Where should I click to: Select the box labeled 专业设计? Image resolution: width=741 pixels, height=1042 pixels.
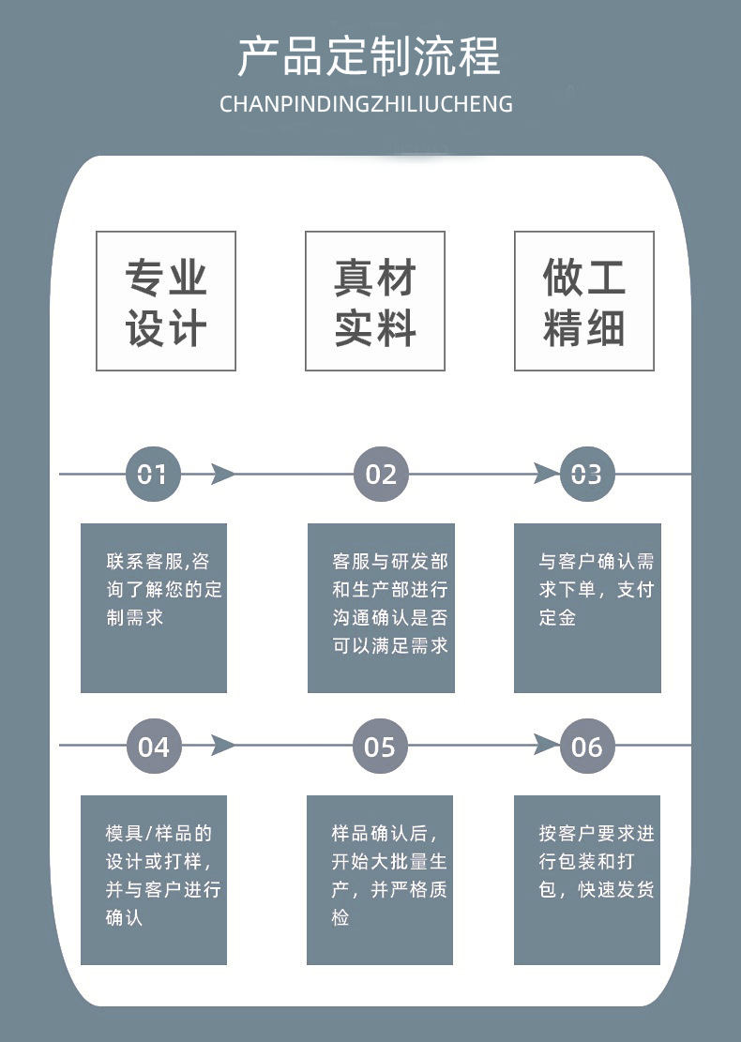(x=166, y=301)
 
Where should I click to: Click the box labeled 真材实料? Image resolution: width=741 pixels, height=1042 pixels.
(x=375, y=301)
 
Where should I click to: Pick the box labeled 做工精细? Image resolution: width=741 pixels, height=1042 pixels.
(x=583, y=301)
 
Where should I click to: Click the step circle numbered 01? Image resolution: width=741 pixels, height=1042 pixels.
(x=153, y=475)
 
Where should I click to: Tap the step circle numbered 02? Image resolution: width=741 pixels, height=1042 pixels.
(x=381, y=475)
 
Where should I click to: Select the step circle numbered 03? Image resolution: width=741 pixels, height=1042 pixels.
(x=586, y=475)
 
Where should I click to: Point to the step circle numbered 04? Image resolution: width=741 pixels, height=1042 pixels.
(x=153, y=747)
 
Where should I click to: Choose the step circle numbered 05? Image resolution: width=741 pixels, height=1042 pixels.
(x=380, y=747)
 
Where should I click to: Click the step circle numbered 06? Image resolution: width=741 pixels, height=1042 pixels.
(x=586, y=747)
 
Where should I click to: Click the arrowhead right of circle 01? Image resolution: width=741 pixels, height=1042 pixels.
(x=222, y=475)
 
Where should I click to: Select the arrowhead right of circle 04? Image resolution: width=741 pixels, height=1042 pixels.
(x=222, y=747)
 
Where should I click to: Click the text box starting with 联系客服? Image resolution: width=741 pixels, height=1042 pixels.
(x=154, y=608)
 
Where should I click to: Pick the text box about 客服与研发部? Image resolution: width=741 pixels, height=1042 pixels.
(x=381, y=608)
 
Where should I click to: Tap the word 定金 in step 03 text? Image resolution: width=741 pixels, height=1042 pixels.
(x=557, y=618)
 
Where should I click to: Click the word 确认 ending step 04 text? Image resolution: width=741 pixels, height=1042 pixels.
(x=125, y=917)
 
